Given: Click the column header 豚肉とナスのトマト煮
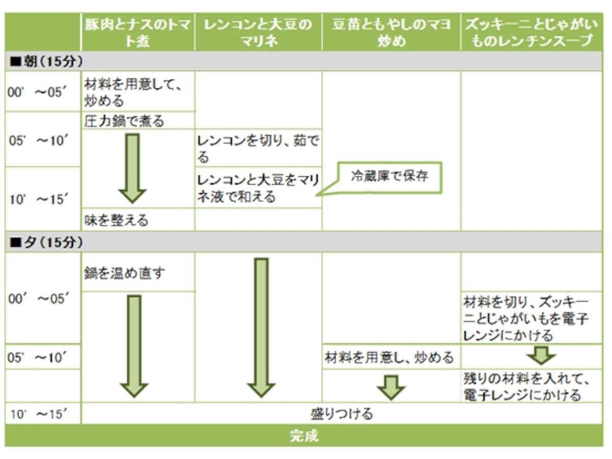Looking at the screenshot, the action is [x=138, y=33].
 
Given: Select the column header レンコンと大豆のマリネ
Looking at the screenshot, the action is [x=258, y=33].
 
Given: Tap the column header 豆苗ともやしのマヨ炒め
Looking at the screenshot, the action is [x=391, y=33].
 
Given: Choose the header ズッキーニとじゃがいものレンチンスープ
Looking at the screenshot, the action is [x=531, y=33].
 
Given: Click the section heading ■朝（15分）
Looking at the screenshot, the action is [x=46, y=61].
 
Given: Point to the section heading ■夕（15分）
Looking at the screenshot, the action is [x=46, y=242].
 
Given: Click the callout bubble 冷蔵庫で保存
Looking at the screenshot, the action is [x=389, y=177].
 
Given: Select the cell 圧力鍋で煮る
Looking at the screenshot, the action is [x=124, y=121].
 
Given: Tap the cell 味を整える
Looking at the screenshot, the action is [x=116, y=220].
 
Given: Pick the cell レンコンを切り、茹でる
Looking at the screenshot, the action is [x=258, y=149].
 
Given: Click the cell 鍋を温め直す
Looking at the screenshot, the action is [x=124, y=273].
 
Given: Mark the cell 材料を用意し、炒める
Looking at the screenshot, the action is [x=389, y=357].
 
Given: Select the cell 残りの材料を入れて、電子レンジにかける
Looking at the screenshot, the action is [x=526, y=386].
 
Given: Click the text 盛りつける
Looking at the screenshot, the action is [x=342, y=414].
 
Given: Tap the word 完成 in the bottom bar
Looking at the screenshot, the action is [x=304, y=436].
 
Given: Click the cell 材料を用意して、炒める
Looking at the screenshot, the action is [x=133, y=92].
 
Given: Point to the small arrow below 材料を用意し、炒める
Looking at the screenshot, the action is [x=391, y=388].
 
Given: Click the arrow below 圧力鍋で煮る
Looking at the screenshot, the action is [x=133, y=168].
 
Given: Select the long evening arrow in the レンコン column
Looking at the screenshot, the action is [x=261, y=328].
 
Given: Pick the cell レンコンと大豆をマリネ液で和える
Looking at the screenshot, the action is [x=258, y=188].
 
